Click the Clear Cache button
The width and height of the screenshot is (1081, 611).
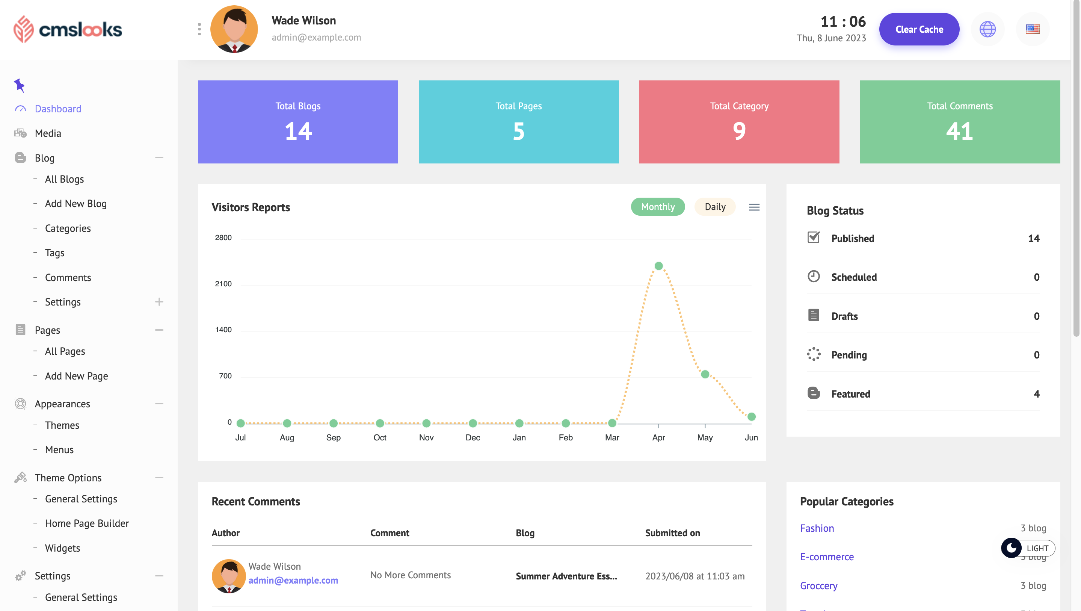[x=919, y=29]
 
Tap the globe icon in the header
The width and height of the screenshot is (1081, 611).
[x=987, y=29]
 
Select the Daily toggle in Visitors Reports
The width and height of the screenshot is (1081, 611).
[x=715, y=207]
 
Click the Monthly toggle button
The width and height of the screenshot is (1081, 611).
[x=658, y=207]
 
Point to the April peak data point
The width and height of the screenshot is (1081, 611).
[x=658, y=266]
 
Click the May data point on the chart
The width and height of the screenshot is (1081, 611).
[x=705, y=374]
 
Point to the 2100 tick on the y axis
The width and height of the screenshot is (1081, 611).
[x=223, y=284]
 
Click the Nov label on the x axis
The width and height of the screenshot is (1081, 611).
[x=426, y=437]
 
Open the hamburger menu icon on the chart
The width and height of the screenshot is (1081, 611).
[x=754, y=207]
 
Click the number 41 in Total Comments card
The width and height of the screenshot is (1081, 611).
[x=959, y=132]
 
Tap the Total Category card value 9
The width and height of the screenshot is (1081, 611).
[x=739, y=132]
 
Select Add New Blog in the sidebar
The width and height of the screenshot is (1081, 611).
[x=75, y=204]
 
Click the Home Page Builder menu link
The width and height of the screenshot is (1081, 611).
[x=87, y=523]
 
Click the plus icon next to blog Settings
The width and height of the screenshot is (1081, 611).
[x=159, y=302]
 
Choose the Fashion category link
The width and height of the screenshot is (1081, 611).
[x=817, y=528]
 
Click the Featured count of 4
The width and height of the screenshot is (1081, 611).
[x=1036, y=394]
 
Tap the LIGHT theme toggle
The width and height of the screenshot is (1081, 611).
[x=1028, y=548]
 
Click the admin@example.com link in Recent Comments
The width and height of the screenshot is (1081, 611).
[x=293, y=580]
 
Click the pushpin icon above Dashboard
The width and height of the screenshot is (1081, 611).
[x=19, y=85]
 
